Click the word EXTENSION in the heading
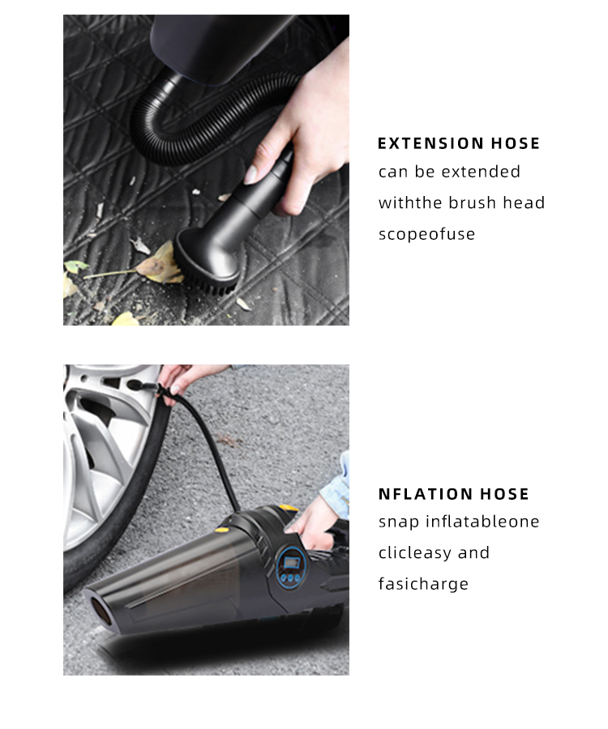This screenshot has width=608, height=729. tap(430, 143)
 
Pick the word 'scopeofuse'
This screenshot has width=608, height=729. tap(426, 234)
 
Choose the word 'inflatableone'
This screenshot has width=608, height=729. tap(482, 521)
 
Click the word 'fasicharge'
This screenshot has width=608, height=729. tap(423, 583)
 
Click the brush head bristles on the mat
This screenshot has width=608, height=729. tap(212, 283)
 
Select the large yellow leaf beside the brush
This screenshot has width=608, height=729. tap(161, 265)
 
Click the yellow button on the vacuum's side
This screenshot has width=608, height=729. tap(221, 529)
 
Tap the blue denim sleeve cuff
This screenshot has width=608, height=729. tap(340, 486)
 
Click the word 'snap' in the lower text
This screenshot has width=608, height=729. tap(399, 522)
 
